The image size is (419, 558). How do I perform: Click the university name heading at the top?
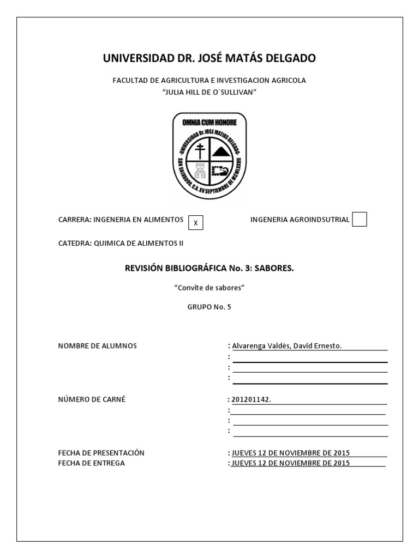click(x=209, y=58)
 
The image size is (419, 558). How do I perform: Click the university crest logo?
click(x=209, y=156)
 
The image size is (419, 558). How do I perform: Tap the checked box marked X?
click(x=195, y=222)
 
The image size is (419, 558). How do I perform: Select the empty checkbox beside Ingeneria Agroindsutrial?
click(x=360, y=219)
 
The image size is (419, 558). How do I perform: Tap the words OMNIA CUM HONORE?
click(x=209, y=123)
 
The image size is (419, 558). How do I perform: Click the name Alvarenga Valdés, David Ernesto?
click(x=287, y=345)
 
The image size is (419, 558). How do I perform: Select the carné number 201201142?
click(x=251, y=399)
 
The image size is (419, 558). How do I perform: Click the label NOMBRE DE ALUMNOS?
click(x=97, y=345)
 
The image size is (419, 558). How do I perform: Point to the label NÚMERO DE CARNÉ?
click(x=92, y=399)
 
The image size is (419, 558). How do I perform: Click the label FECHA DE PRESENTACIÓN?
click(x=101, y=453)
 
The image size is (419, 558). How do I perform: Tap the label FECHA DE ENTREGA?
click(x=91, y=463)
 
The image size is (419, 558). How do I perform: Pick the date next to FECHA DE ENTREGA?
click(x=290, y=463)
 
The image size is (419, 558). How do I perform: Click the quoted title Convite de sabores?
click(x=209, y=287)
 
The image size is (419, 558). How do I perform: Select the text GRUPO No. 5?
click(x=209, y=307)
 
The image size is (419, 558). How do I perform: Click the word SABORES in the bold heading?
click(x=277, y=268)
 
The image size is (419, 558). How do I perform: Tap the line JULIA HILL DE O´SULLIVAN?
click(x=209, y=92)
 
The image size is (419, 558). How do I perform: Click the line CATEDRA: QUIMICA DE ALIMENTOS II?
click(x=121, y=243)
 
